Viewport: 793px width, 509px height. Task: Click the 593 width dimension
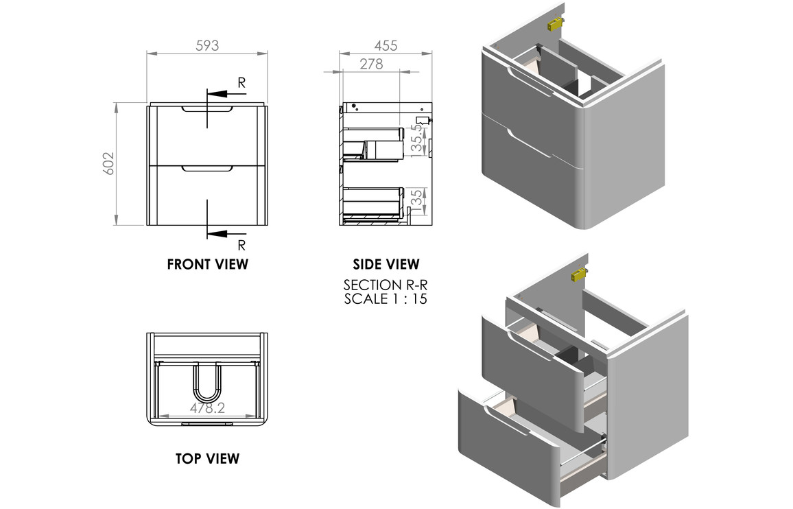pos(207,46)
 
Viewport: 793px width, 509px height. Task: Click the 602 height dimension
pos(108,163)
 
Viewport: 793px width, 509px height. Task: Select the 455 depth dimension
pos(386,46)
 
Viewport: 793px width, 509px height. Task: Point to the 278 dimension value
pos(371,64)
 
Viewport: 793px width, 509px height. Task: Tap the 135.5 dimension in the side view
pos(416,141)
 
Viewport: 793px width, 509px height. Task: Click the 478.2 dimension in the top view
pos(208,408)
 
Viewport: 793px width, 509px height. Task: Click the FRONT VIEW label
pos(207,264)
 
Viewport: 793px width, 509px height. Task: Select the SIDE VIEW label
pos(386,264)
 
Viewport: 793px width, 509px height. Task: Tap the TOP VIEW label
pos(207,458)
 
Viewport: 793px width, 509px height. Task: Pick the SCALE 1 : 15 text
pos(386,299)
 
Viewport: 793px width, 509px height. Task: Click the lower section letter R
pos(241,245)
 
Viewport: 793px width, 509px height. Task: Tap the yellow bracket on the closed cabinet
pos(554,25)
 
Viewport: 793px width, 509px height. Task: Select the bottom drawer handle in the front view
pos(207,167)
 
